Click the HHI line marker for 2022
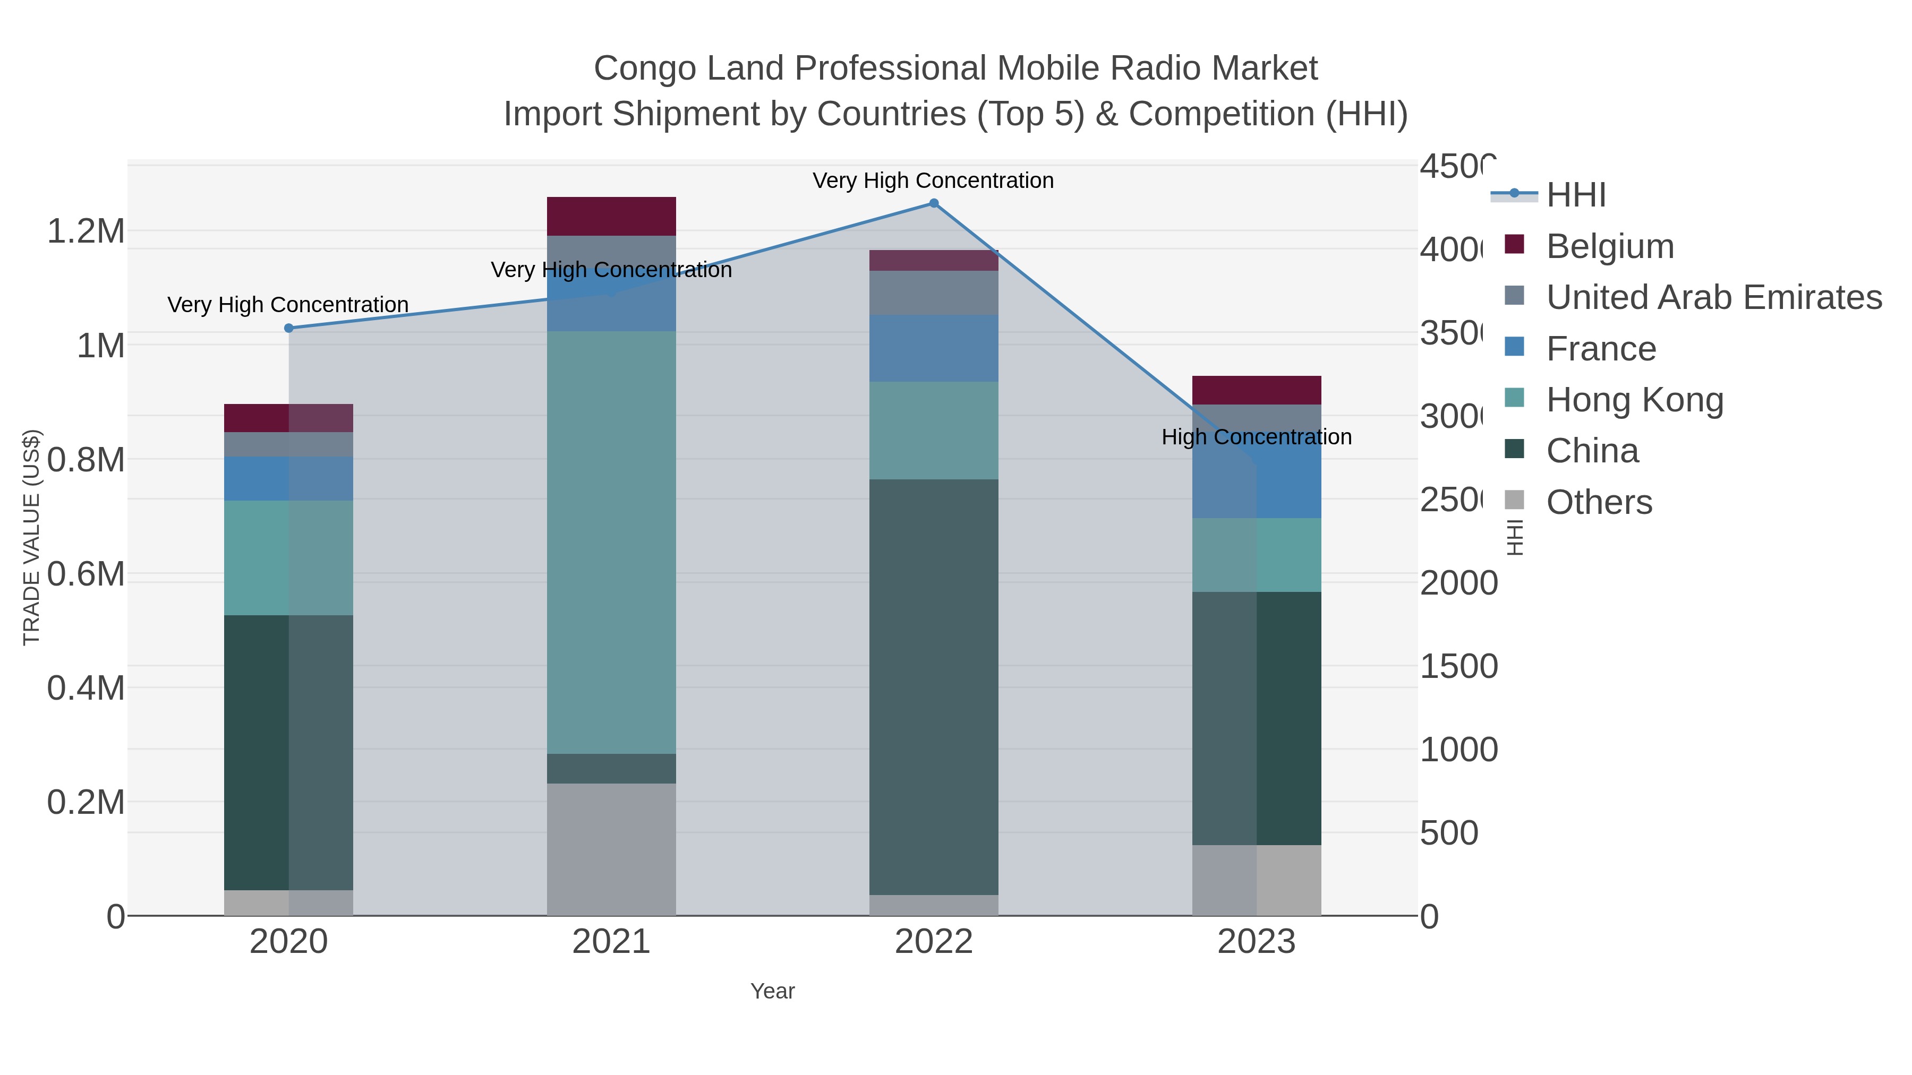pyautogui.click(x=934, y=203)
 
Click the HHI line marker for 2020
pyautogui.click(x=289, y=328)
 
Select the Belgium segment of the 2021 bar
pyautogui.click(x=611, y=216)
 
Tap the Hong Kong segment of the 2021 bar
pyautogui.click(x=611, y=541)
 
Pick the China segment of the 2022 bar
pyautogui.click(x=934, y=686)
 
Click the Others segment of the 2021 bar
pyautogui.click(x=611, y=849)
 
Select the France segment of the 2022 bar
pyautogui.click(x=934, y=348)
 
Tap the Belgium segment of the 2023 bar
pyautogui.click(x=1256, y=390)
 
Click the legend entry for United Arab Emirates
pyautogui.click(x=1713, y=297)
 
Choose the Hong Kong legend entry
pyautogui.click(x=1634, y=400)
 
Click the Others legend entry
pyautogui.click(x=1599, y=502)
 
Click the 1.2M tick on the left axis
pyautogui.click(x=86, y=231)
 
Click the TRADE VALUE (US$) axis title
pyautogui.click(x=31, y=537)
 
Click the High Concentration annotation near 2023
pyautogui.click(x=1256, y=437)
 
